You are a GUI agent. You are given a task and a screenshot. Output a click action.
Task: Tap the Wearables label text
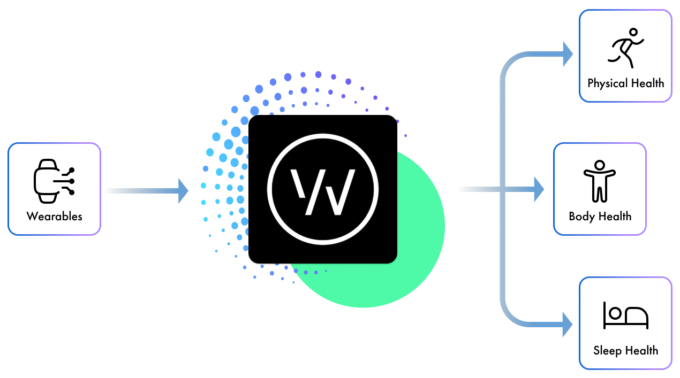54,217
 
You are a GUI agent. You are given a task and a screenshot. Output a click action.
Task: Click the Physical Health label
625,83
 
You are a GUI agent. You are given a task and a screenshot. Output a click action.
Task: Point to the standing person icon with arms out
600,180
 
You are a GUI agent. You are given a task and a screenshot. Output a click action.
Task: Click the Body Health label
600,217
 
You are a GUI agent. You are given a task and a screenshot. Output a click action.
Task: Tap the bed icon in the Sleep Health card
625,315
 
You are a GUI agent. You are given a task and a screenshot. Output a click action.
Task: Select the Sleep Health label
625,351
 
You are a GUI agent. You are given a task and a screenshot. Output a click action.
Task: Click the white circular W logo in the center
322,189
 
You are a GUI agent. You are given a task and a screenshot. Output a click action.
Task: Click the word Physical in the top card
606,83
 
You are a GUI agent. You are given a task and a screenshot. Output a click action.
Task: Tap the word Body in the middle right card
581,217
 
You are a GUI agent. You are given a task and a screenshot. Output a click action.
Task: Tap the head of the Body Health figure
600,165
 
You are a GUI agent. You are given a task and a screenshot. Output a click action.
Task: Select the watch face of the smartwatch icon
46,180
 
